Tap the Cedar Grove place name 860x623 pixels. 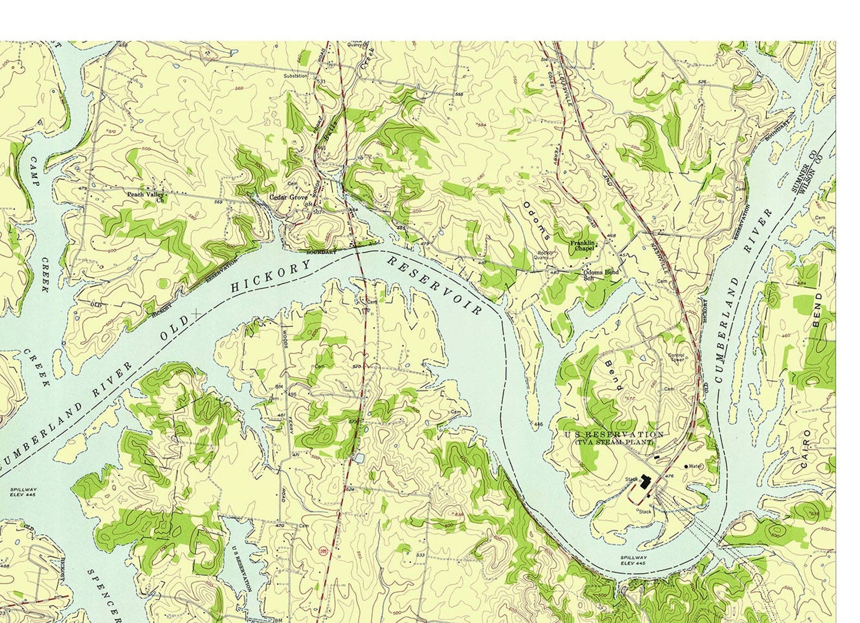[x=288, y=198]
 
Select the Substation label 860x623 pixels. [x=296, y=76]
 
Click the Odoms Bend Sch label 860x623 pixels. [x=600, y=274]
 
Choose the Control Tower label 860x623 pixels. [x=676, y=357]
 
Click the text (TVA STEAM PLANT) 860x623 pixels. [x=614, y=442]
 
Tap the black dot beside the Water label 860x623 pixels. [x=687, y=466]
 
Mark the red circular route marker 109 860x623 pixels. [x=324, y=550]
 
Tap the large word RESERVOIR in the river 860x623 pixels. [x=434, y=286]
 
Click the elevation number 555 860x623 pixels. [x=459, y=95]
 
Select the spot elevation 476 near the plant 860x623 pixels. [x=669, y=476]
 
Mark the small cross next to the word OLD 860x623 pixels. [x=196, y=313]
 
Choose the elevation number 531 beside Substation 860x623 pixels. [x=321, y=81]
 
